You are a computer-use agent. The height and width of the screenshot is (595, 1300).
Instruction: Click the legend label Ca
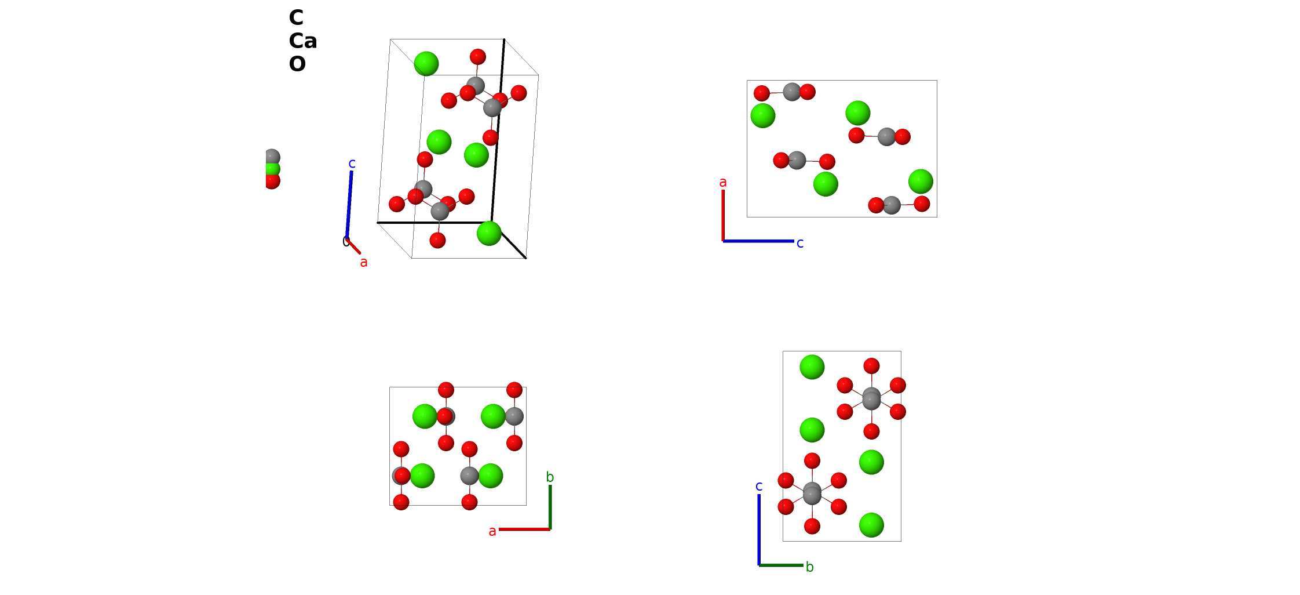[303, 41]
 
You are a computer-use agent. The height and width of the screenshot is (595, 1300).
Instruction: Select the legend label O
[297, 64]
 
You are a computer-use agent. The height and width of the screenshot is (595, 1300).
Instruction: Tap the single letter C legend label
[296, 17]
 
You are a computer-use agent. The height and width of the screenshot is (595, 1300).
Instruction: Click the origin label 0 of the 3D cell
[346, 242]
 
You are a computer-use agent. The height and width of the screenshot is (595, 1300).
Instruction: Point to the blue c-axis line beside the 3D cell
[349, 204]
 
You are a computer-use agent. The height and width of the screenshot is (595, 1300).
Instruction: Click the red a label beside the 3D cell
[364, 262]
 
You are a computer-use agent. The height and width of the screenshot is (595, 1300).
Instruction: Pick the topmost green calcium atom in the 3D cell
[426, 64]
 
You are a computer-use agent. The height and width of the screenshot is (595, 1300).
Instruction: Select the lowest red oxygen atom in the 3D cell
[438, 240]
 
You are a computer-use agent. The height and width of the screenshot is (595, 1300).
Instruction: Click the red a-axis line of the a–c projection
[723, 215]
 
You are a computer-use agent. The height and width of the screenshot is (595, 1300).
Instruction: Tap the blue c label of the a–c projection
[800, 244]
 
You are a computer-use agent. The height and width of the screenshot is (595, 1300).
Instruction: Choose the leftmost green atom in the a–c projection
[763, 115]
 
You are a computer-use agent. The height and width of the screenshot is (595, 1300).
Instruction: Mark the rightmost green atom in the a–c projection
[921, 182]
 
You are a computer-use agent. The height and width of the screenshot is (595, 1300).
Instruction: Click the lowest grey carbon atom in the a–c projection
[892, 205]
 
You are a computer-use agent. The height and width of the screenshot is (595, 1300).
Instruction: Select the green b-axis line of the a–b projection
[550, 507]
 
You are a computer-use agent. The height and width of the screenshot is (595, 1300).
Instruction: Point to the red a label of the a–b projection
[492, 531]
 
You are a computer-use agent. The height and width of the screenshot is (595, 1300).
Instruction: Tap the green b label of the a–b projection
[550, 477]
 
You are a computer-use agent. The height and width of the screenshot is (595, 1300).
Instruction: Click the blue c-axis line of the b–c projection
[759, 529]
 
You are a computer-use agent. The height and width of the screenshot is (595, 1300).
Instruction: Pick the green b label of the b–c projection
[810, 567]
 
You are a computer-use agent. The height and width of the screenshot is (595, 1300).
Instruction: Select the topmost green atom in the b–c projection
[812, 367]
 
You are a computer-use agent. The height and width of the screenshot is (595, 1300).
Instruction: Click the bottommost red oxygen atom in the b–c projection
[812, 527]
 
